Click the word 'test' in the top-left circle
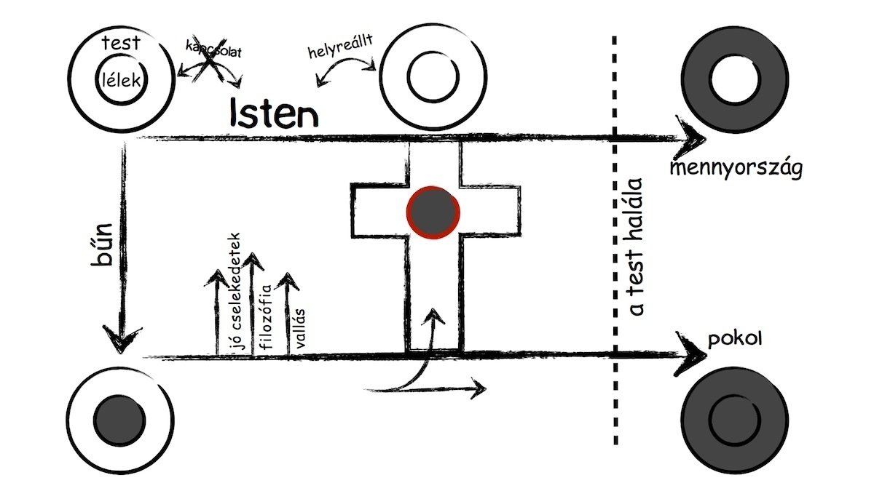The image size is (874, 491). click(x=121, y=43)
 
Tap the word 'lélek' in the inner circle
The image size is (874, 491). click(x=122, y=80)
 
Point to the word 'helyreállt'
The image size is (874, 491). click(x=340, y=47)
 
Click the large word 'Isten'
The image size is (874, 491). click(x=274, y=113)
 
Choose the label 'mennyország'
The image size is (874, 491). click(x=736, y=168)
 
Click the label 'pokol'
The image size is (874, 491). click(x=735, y=340)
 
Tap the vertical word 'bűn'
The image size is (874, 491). click(x=102, y=244)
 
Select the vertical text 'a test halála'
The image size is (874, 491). click(x=636, y=247)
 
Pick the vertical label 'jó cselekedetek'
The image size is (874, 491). click(x=235, y=292)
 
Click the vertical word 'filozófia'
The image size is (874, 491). click(x=266, y=316)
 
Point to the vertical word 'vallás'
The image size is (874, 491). click(x=299, y=328)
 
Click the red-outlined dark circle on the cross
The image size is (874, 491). click(x=433, y=212)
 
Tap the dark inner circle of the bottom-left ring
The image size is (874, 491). click(x=120, y=420)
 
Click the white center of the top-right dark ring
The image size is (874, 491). click(x=735, y=79)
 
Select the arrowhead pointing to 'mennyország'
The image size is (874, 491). click(x=691, y=137)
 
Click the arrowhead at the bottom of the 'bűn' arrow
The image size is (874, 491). click(x=121, y=338)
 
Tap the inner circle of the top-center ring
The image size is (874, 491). click(x=433, y=77)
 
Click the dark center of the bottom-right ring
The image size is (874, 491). click(x=735, y=420)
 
